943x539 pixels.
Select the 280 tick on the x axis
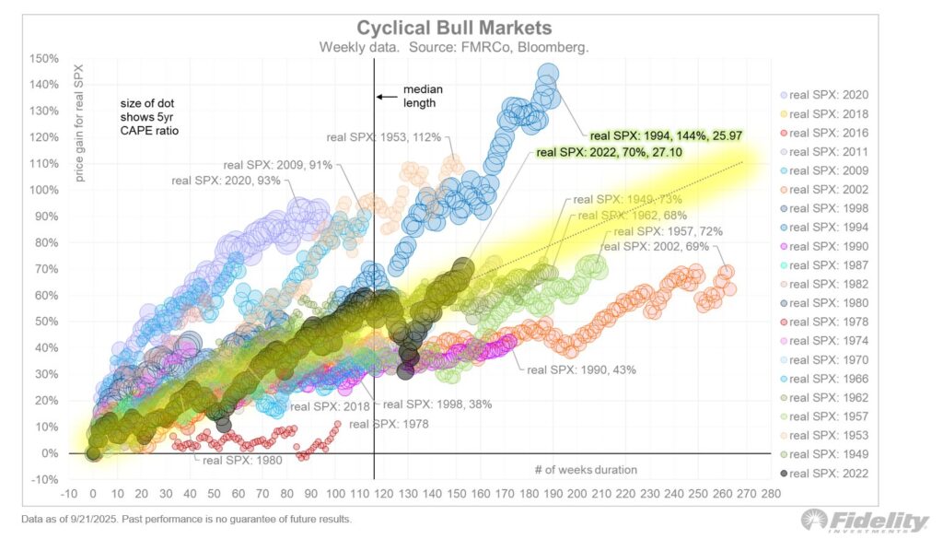coord(772,494)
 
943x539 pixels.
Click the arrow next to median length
coord(387,96)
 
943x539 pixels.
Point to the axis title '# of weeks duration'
coord(586,470)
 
